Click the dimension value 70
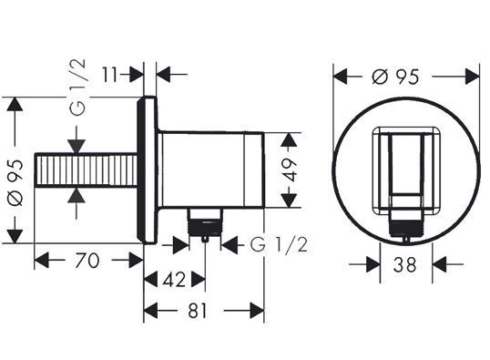click(x=87, y=261)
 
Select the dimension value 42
click(x=174, y=279)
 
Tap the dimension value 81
click(x=198, y=311)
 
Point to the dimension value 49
click(x=291, y=170)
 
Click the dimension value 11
click(x=109, y=75)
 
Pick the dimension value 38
click(x=405, y=264)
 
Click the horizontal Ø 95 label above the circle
click(x=395, y=77)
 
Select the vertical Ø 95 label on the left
click(x=15, y=183)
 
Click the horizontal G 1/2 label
click(x=279, y=244)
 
